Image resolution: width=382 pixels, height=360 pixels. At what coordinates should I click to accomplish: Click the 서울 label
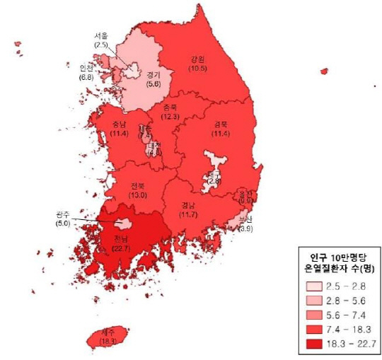[101, 35]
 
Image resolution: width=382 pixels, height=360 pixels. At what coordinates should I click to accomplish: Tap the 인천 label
[87, 69]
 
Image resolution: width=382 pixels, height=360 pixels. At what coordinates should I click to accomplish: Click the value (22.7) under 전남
[122, 248]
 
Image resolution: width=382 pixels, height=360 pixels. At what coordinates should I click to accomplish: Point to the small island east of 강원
[324, 71]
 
